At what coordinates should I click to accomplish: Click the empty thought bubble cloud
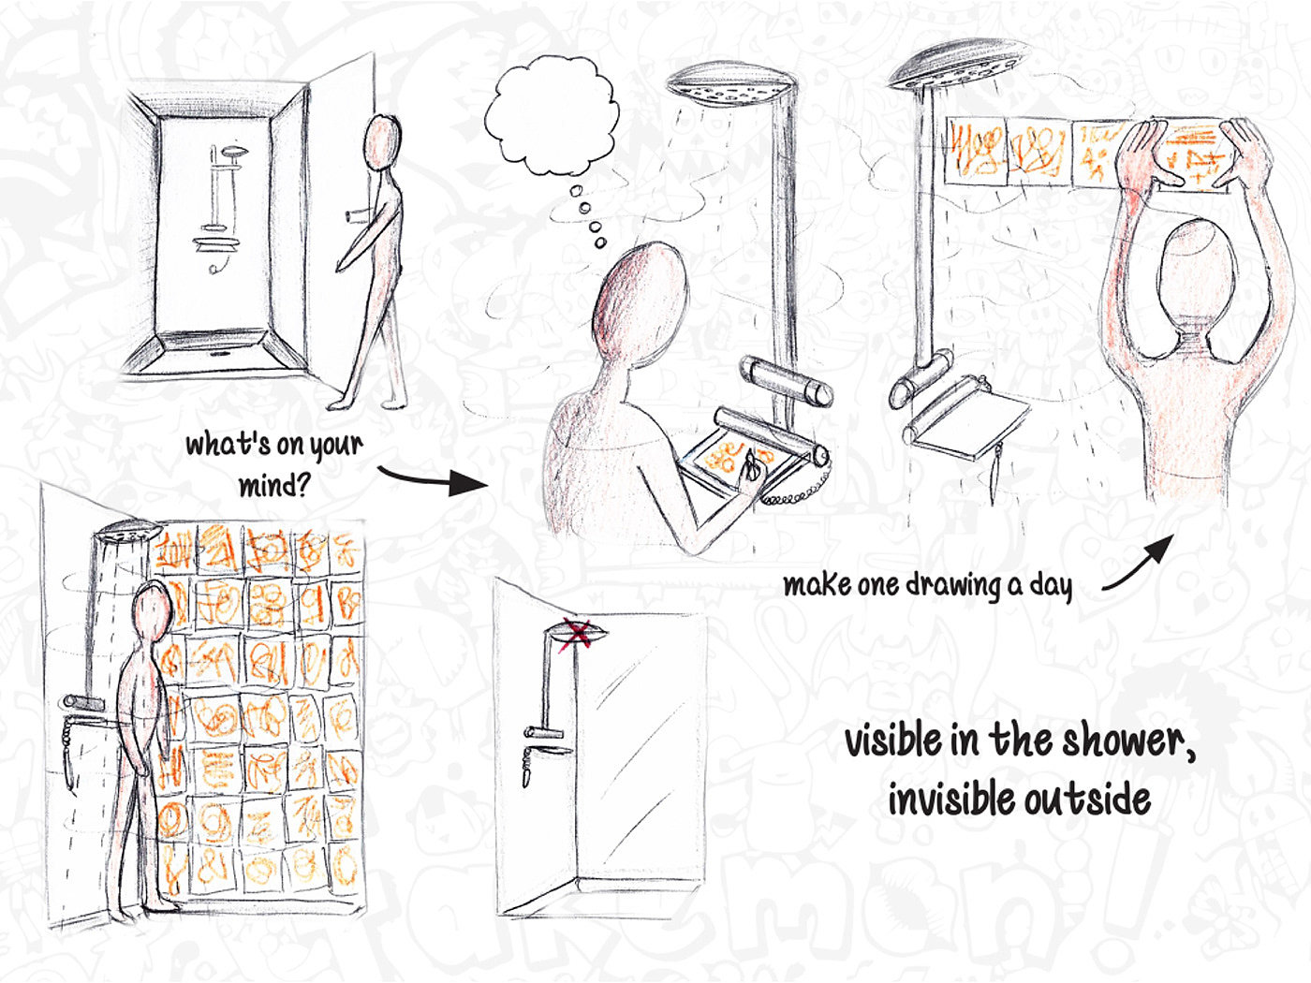coord(551,116)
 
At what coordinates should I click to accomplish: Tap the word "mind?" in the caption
coord(274,485)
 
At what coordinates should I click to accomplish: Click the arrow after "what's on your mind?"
coord(432,479)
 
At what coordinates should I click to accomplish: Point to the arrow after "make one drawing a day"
coord(1138,564)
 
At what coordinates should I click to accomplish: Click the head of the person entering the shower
coord(382,142)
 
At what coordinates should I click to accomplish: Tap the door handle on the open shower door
coord(357,216)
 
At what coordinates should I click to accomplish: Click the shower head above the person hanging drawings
coord(956,65)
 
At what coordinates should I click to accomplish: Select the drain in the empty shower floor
coord(220,353)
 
